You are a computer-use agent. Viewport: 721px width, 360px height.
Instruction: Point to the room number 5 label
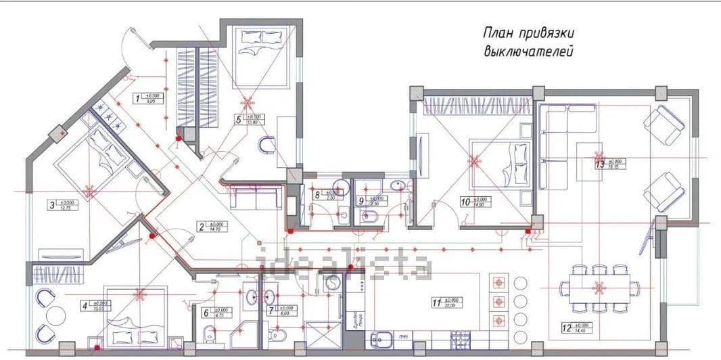coord(238,120)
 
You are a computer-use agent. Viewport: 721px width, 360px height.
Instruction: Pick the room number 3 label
coord(51,204)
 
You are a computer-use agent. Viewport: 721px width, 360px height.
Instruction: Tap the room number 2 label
coord(201,227)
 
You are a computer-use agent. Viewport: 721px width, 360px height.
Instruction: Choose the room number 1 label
coord(138,99)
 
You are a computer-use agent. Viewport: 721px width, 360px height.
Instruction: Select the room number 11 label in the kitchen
coord(437,302)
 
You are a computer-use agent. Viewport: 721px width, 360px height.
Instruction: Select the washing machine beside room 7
coord(331,283)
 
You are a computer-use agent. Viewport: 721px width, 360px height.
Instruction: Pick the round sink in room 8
coord(341,187)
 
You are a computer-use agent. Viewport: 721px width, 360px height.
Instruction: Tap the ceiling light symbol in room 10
coord(474,161)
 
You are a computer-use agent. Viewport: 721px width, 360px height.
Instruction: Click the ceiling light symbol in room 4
coord(139,294)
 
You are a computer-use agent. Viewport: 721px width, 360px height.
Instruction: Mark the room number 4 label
coord(85,306)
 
